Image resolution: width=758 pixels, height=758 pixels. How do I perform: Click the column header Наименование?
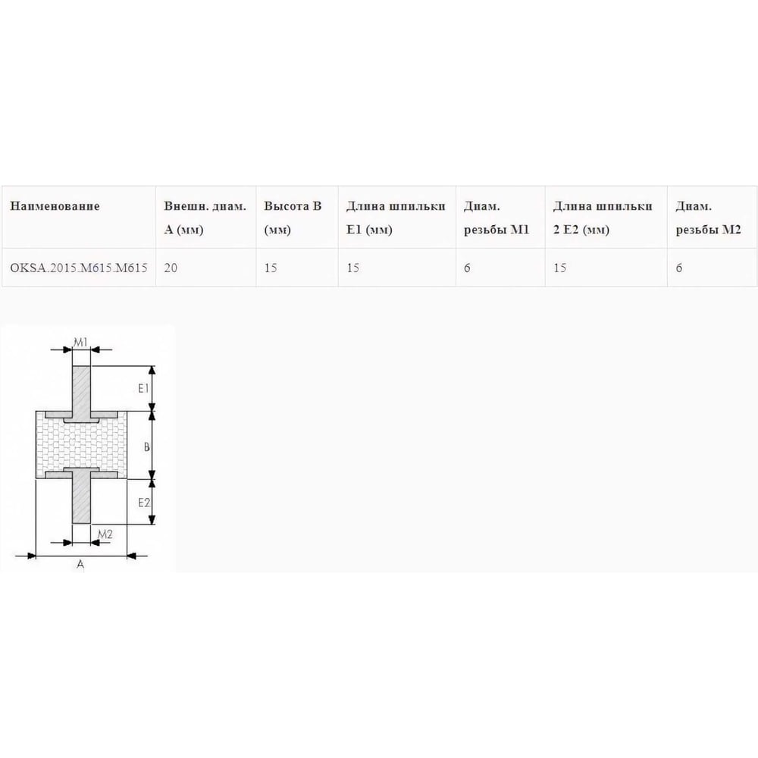(55, 206)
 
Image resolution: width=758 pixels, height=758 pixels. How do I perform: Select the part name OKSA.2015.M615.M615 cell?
(79, 268)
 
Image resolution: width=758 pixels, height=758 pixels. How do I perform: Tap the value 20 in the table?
(171, 268)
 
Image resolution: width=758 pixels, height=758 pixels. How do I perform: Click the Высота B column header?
(293, 218)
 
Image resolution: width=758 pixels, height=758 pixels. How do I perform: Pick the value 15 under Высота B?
(271, 268)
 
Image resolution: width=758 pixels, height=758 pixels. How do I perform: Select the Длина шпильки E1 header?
(396, 218)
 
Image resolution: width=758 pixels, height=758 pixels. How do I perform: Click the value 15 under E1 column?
(353, 268)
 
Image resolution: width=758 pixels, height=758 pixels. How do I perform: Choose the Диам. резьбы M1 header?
(496, 218)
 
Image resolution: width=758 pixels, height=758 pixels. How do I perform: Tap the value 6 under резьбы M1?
(467, 268)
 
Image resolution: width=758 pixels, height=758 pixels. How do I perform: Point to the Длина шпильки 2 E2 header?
(603, 218)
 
